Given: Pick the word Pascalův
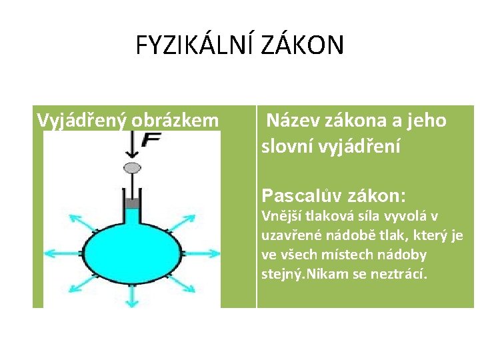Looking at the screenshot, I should click(x=298, y=196).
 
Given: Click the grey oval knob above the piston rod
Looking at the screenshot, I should click(x=133, y=167).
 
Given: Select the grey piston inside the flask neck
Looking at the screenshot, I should click(x=132, y=202).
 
